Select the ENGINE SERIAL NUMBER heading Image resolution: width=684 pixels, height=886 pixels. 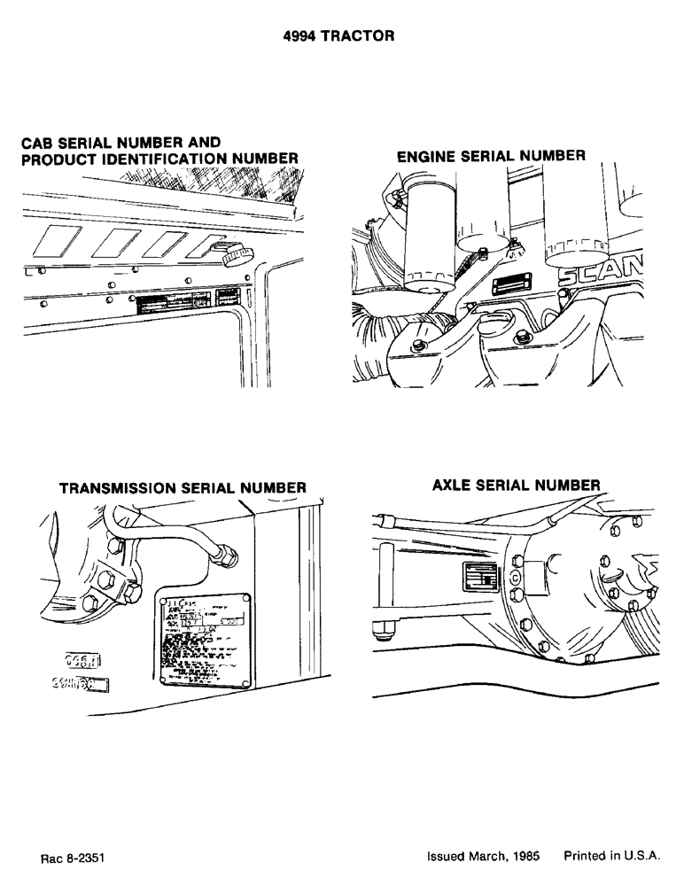coord(490,156)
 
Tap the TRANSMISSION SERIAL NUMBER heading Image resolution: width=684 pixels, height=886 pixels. coord(183,487)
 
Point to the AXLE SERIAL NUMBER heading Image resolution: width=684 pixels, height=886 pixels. coord(517,486)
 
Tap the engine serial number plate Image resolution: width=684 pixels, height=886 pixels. coord(511,284)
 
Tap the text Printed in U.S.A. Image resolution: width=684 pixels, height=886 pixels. coord(612,858)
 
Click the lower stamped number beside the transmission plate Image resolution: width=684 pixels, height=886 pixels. coord(81,684)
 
